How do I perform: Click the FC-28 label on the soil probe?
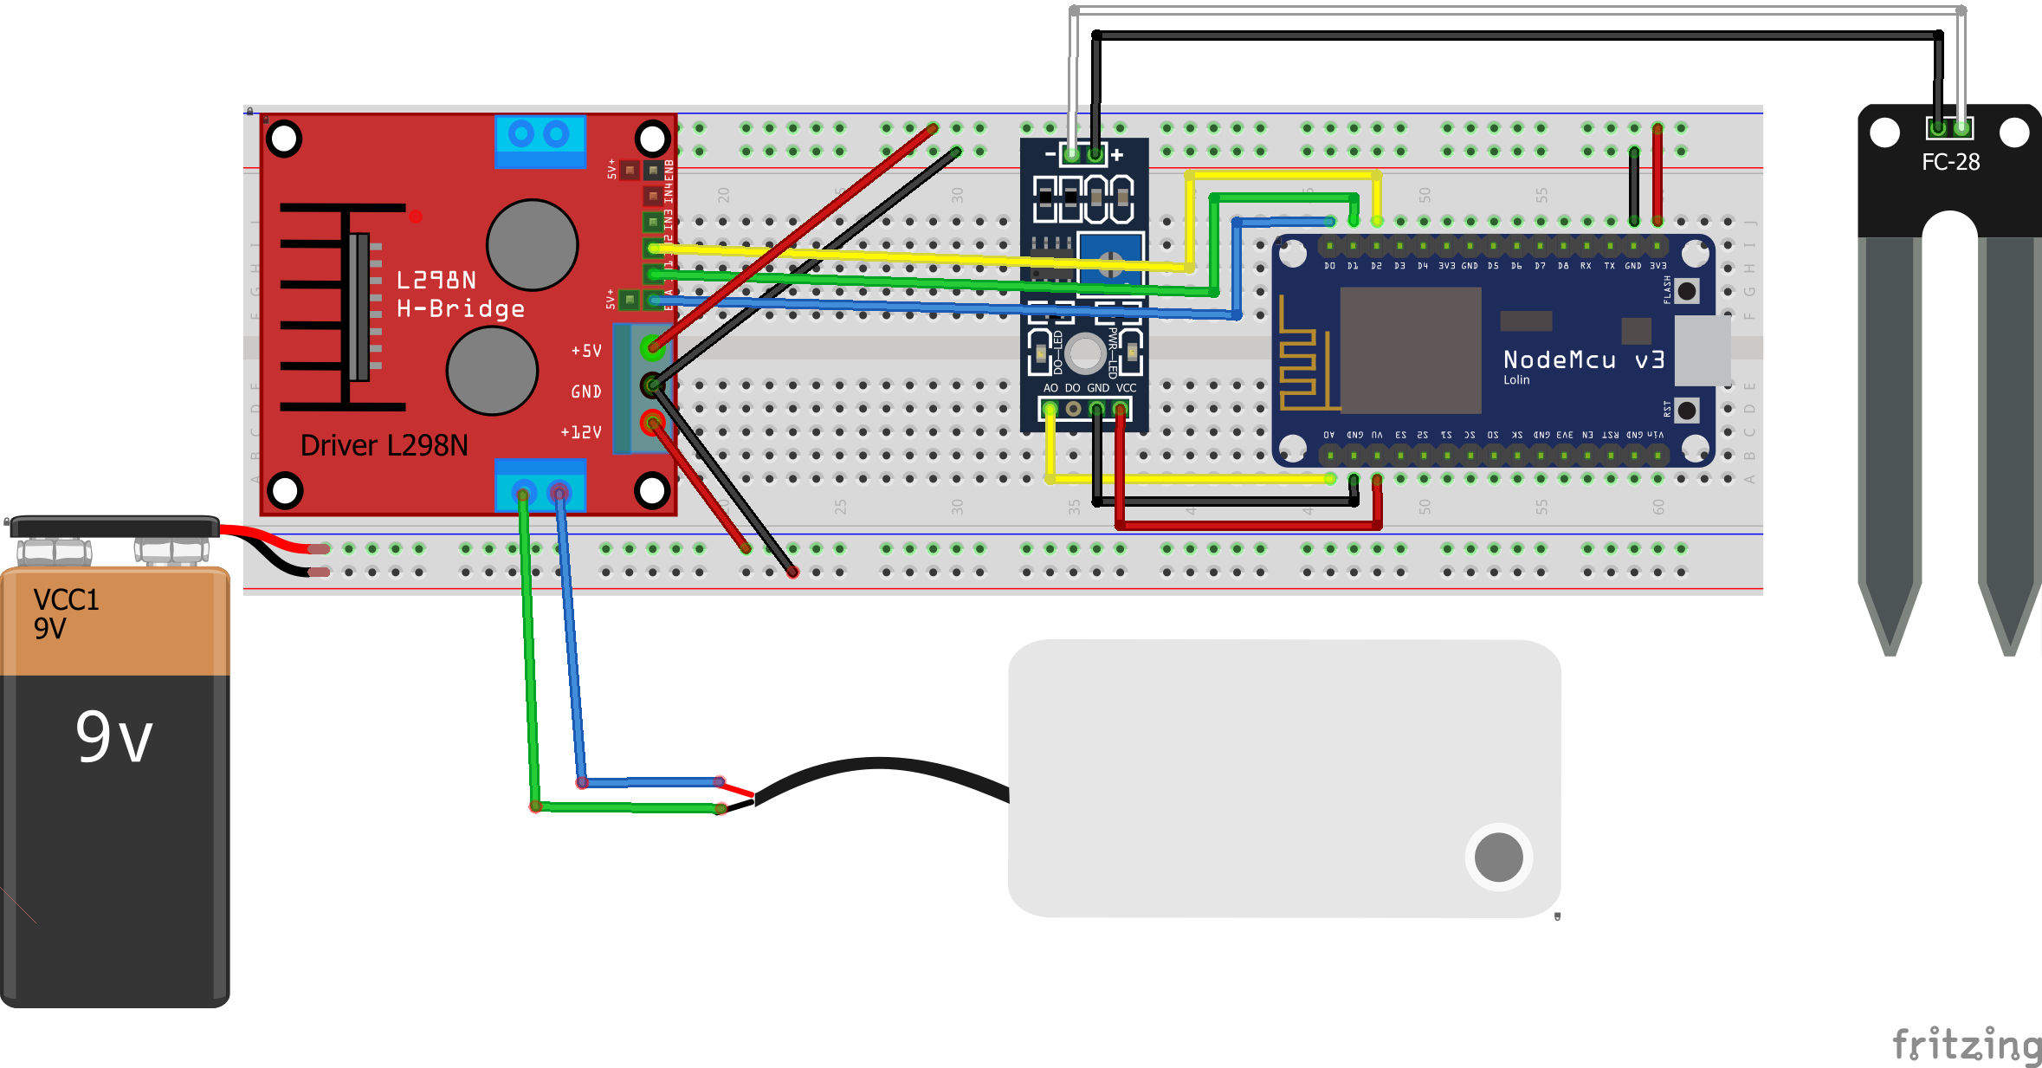pos(1950,162)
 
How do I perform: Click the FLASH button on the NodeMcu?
pos(1686,291)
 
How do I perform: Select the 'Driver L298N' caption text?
pos(384,445)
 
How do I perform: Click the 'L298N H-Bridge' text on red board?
pos(459,295)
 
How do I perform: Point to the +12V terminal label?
pos(580,431)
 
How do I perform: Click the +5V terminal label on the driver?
pos(585,351)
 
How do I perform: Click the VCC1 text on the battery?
pos(66,599)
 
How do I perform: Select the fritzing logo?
pos(1966,1044)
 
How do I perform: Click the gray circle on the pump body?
pos(1498,857)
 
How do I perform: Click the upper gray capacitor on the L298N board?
pos(532,244)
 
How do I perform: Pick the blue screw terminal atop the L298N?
pos(540,139)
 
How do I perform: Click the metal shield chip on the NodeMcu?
pos(1410,350)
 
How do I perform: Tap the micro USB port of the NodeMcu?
pos(1702,350)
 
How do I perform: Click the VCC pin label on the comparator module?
pos(1126,388)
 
